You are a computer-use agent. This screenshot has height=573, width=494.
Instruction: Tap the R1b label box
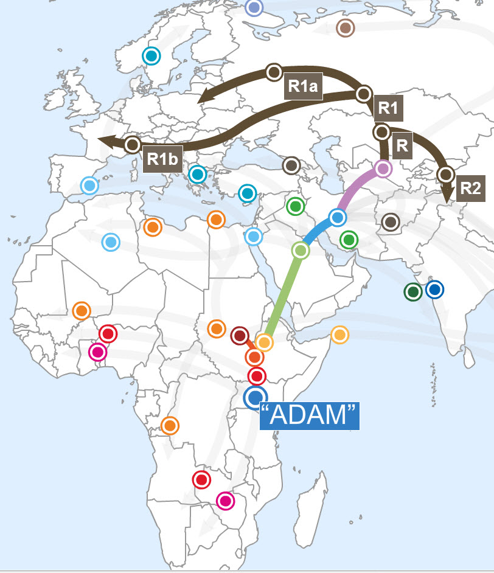163,159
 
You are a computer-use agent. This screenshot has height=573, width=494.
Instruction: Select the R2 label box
470,187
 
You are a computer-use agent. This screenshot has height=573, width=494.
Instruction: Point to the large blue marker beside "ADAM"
255,397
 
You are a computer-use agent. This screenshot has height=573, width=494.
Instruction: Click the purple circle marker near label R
383,168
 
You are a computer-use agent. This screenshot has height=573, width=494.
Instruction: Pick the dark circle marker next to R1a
273,72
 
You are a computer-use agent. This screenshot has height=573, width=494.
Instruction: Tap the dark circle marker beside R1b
132,145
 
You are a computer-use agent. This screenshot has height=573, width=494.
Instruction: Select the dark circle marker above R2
446,175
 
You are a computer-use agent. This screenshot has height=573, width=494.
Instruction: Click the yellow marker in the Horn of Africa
339,335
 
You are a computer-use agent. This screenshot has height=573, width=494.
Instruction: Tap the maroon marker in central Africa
240,335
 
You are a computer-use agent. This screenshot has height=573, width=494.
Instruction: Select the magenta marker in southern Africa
226,501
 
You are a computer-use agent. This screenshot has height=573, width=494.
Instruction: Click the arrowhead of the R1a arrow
202,97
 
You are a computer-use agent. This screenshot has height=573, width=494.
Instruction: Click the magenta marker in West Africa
97,352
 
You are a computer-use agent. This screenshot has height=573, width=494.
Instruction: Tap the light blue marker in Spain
89,185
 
